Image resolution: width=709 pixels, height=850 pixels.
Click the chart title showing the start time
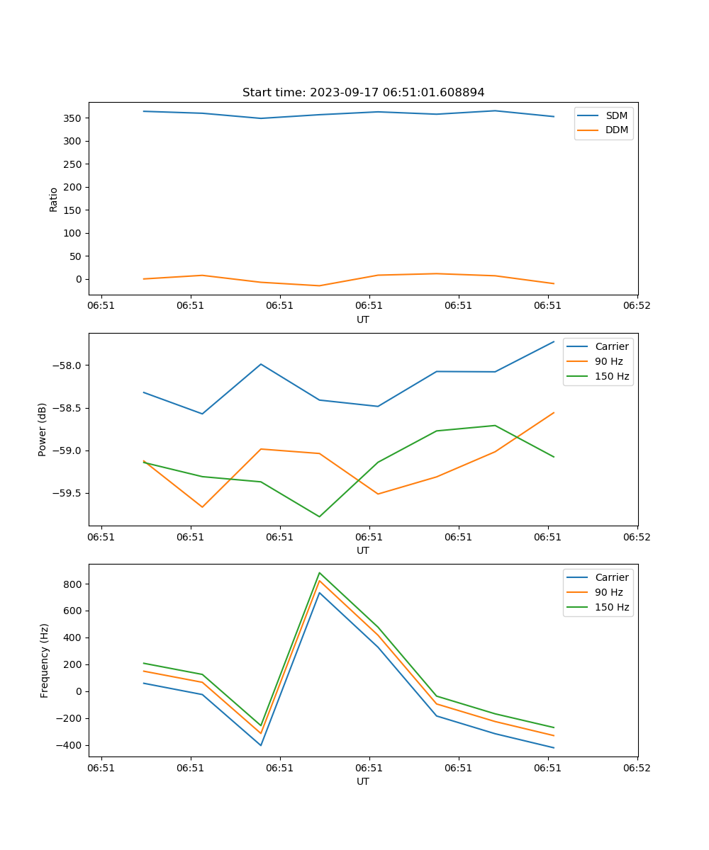pyautogui.click(x=363, y=93)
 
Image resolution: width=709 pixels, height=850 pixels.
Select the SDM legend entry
pyautogui.click(x=616, y=115)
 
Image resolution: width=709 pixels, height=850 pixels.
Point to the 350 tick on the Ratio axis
pyautogui.click(x=74, y=118)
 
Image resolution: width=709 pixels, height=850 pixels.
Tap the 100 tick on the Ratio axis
pyautogui.click(x=74, y=233)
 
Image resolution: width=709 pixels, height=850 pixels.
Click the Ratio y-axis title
pyautogui.click(x=54, y=198)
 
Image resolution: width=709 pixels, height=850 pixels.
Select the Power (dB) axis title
pyautogui.click(x=43, y=429)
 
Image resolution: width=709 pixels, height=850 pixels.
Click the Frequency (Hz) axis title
pyautogui.click(x=44, y=660)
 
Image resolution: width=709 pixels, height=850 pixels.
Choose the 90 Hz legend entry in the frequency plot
pyautogui.click(x=609, y=592)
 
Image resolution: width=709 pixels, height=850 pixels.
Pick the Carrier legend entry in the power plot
pyautogui.click(x=611, y=346)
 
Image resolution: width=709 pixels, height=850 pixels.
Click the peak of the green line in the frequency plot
pyautogui.click(x=319, y=572)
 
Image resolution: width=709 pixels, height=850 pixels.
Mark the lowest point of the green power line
pyautogui.click(x=319, y=516)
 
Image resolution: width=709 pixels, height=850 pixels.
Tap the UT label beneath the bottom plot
pyautogui.click(x=363, y=781)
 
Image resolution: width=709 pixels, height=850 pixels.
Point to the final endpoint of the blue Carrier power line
pyautogui.click(x=554, y=341)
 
